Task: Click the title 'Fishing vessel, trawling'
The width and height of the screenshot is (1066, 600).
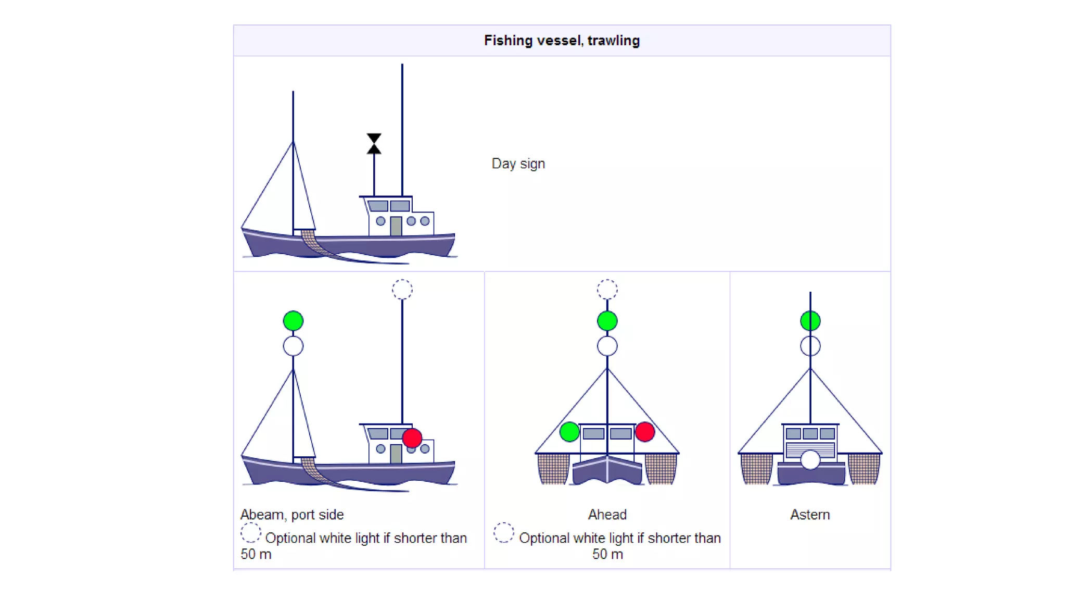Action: [x=562, y=41]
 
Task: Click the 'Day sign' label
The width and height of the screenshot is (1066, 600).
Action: [x=518, y=164]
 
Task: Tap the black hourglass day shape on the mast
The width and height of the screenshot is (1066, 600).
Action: [x=374, y=144]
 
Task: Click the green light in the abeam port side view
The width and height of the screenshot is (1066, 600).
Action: [x=293, y=321]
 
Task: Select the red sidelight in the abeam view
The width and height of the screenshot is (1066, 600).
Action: [x=412, y=438]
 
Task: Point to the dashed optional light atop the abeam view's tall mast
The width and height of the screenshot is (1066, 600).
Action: [x=402, y=290]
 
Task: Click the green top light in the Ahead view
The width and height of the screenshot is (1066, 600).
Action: [x=607, y=321]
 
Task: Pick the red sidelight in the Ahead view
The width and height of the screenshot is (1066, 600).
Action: [x=645, y=432]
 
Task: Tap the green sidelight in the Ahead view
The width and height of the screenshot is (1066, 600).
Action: [x=569, y=432]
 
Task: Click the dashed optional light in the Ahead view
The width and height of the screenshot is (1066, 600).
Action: [x=607, y=290]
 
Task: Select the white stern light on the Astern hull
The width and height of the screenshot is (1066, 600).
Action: [x=810, y=460]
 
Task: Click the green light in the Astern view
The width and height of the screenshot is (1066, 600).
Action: [x=810, y=321]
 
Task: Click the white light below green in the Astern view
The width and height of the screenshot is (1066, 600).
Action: [x=810, y=346]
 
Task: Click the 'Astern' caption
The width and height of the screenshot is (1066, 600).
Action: [x=810, y=515]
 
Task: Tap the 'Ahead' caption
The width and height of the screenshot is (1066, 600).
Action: [x=607, y=515]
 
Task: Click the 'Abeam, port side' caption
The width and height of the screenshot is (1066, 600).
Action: [x=292, y=515]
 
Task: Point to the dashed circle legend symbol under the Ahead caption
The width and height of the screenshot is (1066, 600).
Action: [x=503, y=533]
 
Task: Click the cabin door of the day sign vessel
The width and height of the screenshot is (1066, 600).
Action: [x=396, y=226]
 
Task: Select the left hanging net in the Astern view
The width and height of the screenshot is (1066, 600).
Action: [x=756, y=468]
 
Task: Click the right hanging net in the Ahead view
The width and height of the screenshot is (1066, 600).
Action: [x=661, y=468]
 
